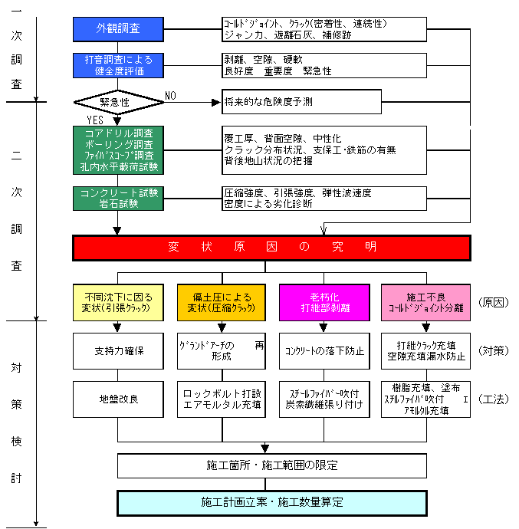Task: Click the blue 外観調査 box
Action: coord(118,29)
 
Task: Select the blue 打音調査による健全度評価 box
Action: coord(118,65)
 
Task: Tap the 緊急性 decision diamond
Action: coord(114,101)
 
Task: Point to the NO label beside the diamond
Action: coord(170,96)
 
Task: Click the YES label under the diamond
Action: coord(94,120)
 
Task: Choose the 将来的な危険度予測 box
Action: coord(302,101)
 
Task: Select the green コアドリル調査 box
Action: coord(118,149)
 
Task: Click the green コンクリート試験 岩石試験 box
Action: coord(118,198)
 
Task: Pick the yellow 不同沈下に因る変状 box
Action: coord(117,301)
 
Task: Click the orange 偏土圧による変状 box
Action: coord(222,301)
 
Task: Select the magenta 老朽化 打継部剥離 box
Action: coord(324,301)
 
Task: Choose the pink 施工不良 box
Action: coord(425,301)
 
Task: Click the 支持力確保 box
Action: coord(118,351)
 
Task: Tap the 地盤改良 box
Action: coord(118,399)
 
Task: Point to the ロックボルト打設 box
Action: coord(222,399)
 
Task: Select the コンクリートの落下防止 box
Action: coord(324,351)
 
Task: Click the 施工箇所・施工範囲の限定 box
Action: coord(272,465)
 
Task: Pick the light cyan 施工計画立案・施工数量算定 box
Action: coord(272,503)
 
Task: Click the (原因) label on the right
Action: coord(493,301)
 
